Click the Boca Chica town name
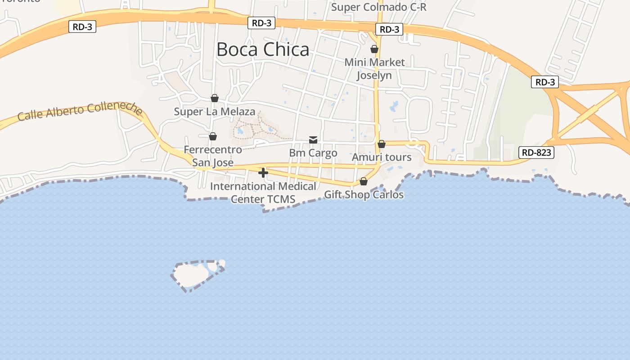tap(263, 49)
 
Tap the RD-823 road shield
tap(536, 153)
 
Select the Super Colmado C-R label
tap(378, 7)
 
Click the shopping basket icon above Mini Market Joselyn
tap(374, 49)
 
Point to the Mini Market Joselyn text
tap(374, 68)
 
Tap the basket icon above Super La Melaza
tap(215, 98)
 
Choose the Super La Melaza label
tap(215, 112)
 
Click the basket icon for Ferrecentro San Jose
tap(213, 136)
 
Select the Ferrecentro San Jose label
tap(213, 156)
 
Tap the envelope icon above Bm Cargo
tap(313, 140)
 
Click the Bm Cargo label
tap(313, 153)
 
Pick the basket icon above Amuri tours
tap(382, 144)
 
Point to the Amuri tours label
tap(382, 157)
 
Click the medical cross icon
tap(263, 173)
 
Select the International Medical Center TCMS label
tap(263, 193)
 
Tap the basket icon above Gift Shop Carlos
tap(364, 182)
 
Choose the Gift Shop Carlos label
tap(364, 195)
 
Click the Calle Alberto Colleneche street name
tap(80, 111)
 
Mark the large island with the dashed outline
tap(190, 274)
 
